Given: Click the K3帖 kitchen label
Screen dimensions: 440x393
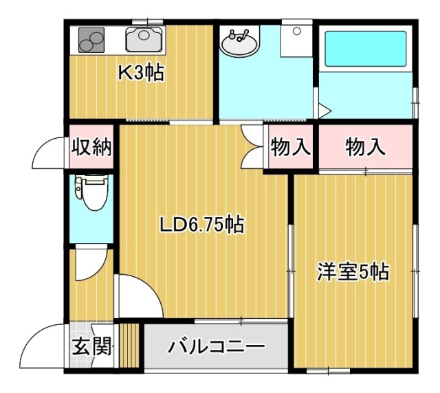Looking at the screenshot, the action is pyautogui.click(x=141, y=73).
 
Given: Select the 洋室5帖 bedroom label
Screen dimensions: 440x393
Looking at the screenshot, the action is pyautogui.click(x=353, y=271).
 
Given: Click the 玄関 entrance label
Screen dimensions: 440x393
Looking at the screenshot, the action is pyautogui.click(x=91, y=346).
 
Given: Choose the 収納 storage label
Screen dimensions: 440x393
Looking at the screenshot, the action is pyautogui.click(x=91, y=146).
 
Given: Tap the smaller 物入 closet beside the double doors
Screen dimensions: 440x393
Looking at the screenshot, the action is pyautogui.click(x=290, y=146).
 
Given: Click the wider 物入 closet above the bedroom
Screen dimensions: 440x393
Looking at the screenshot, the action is pyautogui.click(x=365, y=146).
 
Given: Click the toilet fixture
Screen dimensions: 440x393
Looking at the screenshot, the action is pyautogui.click(x=91, y=192).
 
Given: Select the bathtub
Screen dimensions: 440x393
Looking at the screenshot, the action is pyautogui.click(x=365, y=49).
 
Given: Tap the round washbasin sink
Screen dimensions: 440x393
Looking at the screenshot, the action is pyautogui.click(x=239, y=43).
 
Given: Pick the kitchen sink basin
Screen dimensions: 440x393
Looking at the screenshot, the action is pyautogui.click(x=144, y=39).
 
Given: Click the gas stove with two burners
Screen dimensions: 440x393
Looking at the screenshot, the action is pyautogui.click(x=91, y=40).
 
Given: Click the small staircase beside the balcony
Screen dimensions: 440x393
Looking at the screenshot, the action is pyautogui.click(x=129, y=346).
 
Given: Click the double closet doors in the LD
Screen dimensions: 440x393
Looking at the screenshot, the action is pyautogui.click(x=252, y=146).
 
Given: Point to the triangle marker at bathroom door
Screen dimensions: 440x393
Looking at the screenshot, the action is pyautogui.click(x=325, y=111).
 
